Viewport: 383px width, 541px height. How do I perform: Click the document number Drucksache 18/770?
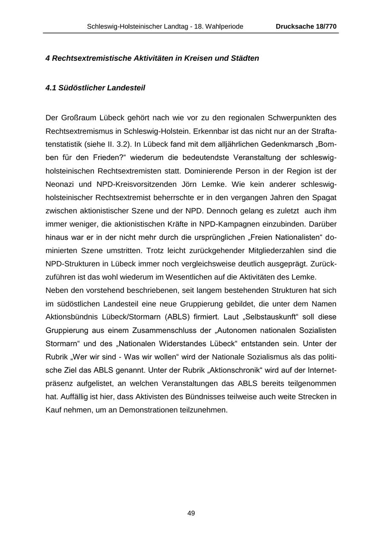point(306,26)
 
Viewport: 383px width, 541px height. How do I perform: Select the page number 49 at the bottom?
point(191,513)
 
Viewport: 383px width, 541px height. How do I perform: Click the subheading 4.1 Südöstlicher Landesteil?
point(95,88)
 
